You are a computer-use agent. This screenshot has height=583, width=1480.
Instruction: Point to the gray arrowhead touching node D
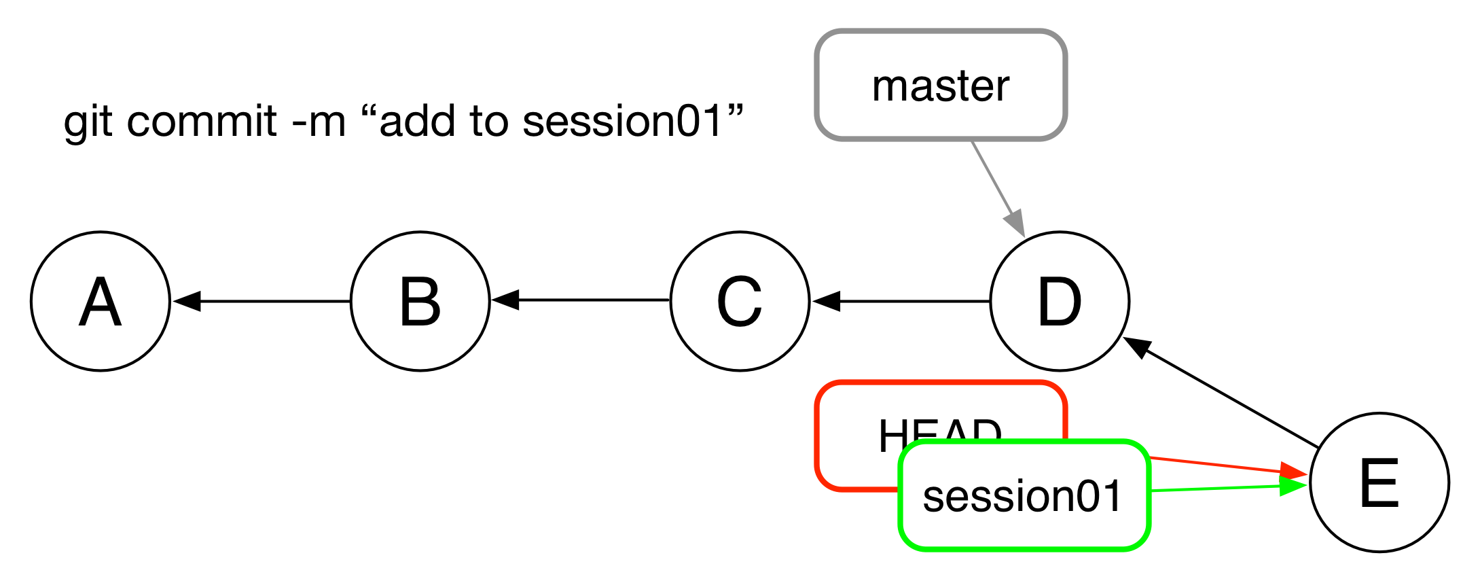coord(1015,224)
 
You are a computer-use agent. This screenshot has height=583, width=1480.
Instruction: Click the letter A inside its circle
coord(101,302)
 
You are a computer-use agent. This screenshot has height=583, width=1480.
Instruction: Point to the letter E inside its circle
coord(1379,483)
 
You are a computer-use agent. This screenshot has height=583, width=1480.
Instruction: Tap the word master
coord(941,86)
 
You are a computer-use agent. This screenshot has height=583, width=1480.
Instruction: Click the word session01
coord(1022,496)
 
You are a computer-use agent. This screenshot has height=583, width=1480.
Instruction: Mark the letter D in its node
coord(1060,302)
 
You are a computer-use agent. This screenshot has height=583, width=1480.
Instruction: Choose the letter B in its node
coord(420,302)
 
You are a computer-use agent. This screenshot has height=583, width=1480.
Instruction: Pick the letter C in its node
coord(739,302)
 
